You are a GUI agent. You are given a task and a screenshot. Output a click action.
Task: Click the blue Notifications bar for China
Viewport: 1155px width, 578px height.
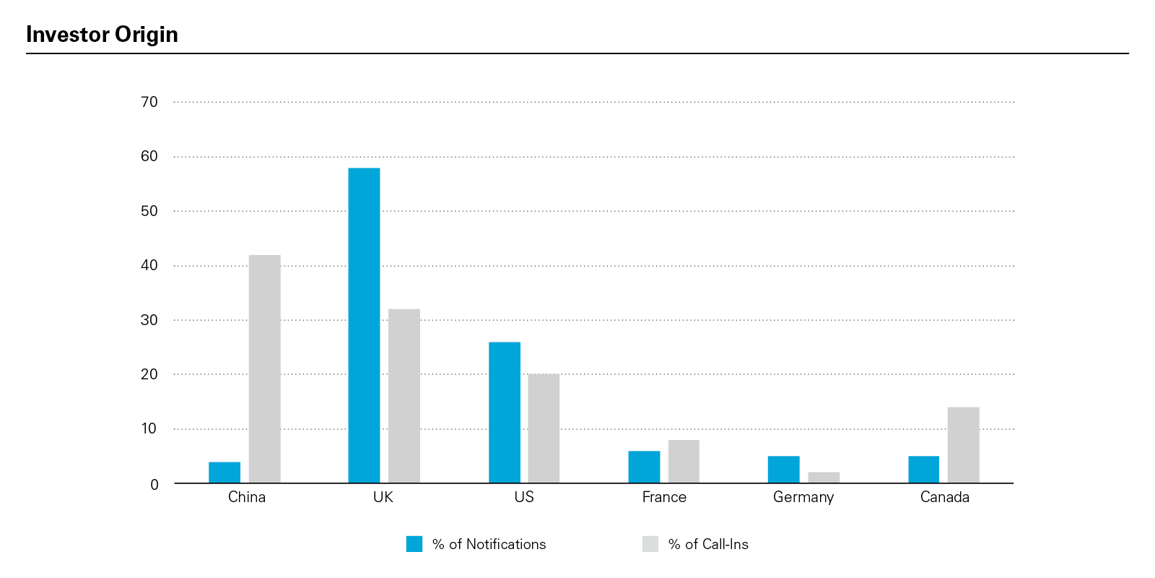point(225,473)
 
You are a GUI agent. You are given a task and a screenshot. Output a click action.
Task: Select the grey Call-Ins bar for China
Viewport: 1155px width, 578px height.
point(264,369)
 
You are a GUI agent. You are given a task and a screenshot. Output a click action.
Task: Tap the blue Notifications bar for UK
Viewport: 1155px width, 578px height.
point(364,326)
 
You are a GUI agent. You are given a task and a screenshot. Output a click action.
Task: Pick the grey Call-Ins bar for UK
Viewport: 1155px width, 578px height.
point(404,396)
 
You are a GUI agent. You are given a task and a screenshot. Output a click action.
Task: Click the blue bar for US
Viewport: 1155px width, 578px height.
point(505,413)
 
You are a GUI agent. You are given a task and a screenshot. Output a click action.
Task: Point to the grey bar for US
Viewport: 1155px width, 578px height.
point(544,428)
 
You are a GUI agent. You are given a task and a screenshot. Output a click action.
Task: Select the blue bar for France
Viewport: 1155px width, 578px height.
point(644,467)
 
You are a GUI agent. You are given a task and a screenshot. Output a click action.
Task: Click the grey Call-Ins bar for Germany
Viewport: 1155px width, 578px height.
point(824,478)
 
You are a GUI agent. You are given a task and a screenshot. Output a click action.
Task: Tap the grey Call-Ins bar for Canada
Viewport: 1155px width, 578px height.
point(963,445)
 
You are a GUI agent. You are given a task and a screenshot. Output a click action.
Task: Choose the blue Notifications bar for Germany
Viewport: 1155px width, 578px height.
point(783,470)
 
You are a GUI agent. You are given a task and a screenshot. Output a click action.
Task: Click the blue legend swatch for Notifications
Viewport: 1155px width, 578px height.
point(414,544)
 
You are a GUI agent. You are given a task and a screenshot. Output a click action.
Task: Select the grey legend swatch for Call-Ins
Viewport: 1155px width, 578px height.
point(650,544)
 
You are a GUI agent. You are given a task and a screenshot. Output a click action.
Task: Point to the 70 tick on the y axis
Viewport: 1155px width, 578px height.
point(149,102)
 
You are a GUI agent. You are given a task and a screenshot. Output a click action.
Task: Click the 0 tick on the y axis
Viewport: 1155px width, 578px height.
point(154,484)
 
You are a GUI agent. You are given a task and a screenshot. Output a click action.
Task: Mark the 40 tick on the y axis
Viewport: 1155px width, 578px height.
point(149,265)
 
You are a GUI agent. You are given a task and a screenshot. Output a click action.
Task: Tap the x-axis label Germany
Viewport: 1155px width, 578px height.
point(803,497)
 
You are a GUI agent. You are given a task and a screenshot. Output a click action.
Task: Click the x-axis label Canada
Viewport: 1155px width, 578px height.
point(944,497)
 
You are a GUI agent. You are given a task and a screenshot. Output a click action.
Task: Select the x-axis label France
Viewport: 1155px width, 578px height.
point(664,497)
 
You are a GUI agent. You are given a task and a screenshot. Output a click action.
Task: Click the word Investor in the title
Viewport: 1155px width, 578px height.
point(68,35)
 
